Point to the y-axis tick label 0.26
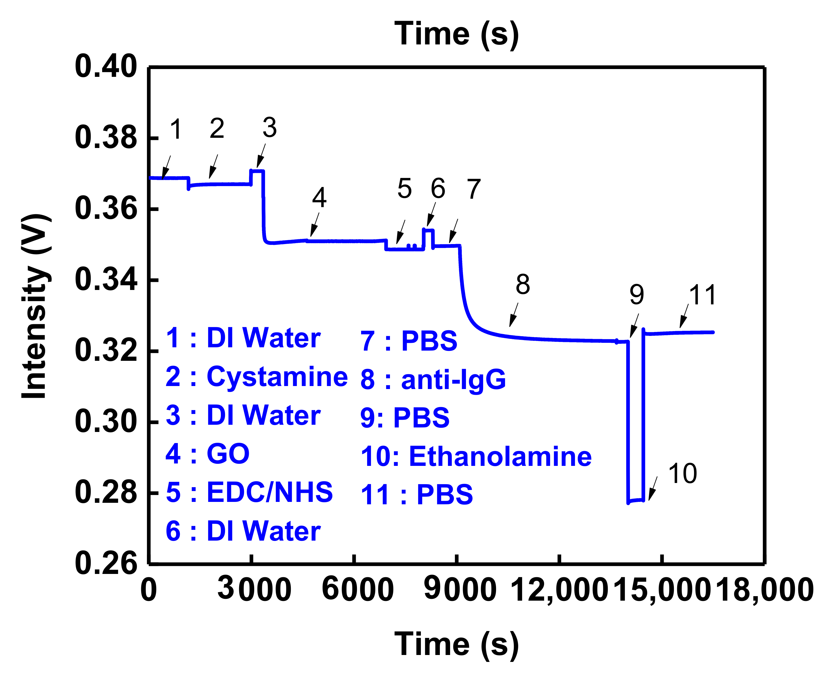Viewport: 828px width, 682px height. click(x=106, y=563)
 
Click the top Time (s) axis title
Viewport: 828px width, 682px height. click(x=456, y=34)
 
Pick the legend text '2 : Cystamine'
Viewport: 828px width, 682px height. click(x=256, y=376)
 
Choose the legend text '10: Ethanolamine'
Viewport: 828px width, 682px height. click(x=476, y=457)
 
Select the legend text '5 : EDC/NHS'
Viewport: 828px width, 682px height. click(x=249, y=492)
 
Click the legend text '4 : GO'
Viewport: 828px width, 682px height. click(x=207, y=454)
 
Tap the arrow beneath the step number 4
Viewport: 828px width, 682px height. click(x=315, y=225)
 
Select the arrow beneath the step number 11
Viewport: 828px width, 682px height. click(x=684, y=316)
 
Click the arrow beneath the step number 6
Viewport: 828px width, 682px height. click(x=431, y=215)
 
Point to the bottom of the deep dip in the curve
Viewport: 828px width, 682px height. click(x=635, y=501)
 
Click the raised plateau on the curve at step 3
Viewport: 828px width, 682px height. click(x=257, y=171)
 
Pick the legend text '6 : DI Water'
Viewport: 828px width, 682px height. click(x=243, y=531)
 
